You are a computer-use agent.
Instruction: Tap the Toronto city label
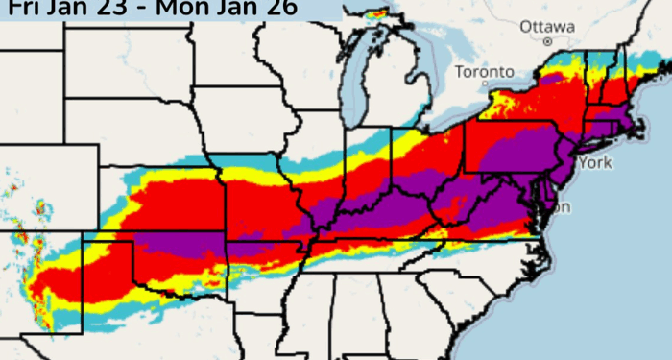[479, 72]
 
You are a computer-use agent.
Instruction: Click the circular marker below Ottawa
[547, 42]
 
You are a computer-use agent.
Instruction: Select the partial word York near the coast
[594, 162]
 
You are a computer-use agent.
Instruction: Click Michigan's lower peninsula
[403, 91]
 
